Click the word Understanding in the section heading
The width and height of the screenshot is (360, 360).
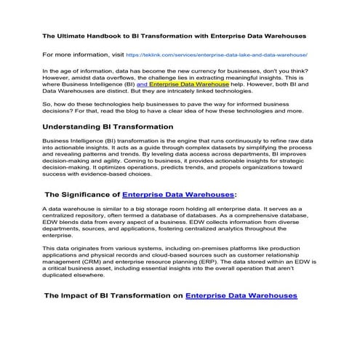(x=77, y=127)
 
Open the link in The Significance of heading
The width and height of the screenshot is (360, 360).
(x=178, y=195)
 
